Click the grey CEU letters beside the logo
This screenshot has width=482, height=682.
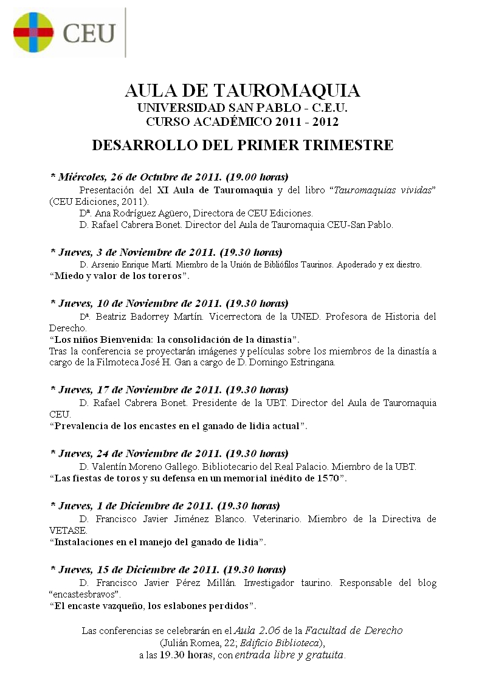pos(90,33)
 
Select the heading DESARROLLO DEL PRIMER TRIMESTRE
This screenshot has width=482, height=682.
pos(242,146)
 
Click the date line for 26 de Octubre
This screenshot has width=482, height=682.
pos(168,177)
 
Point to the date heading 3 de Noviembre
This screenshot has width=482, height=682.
pos(165,252)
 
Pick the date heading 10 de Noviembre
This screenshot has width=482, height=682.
pos(168,303)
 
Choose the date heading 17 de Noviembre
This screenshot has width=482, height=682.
pos(168,389)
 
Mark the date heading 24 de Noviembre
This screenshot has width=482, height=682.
pos(168,453)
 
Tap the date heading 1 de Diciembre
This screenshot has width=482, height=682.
pos(165,506)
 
